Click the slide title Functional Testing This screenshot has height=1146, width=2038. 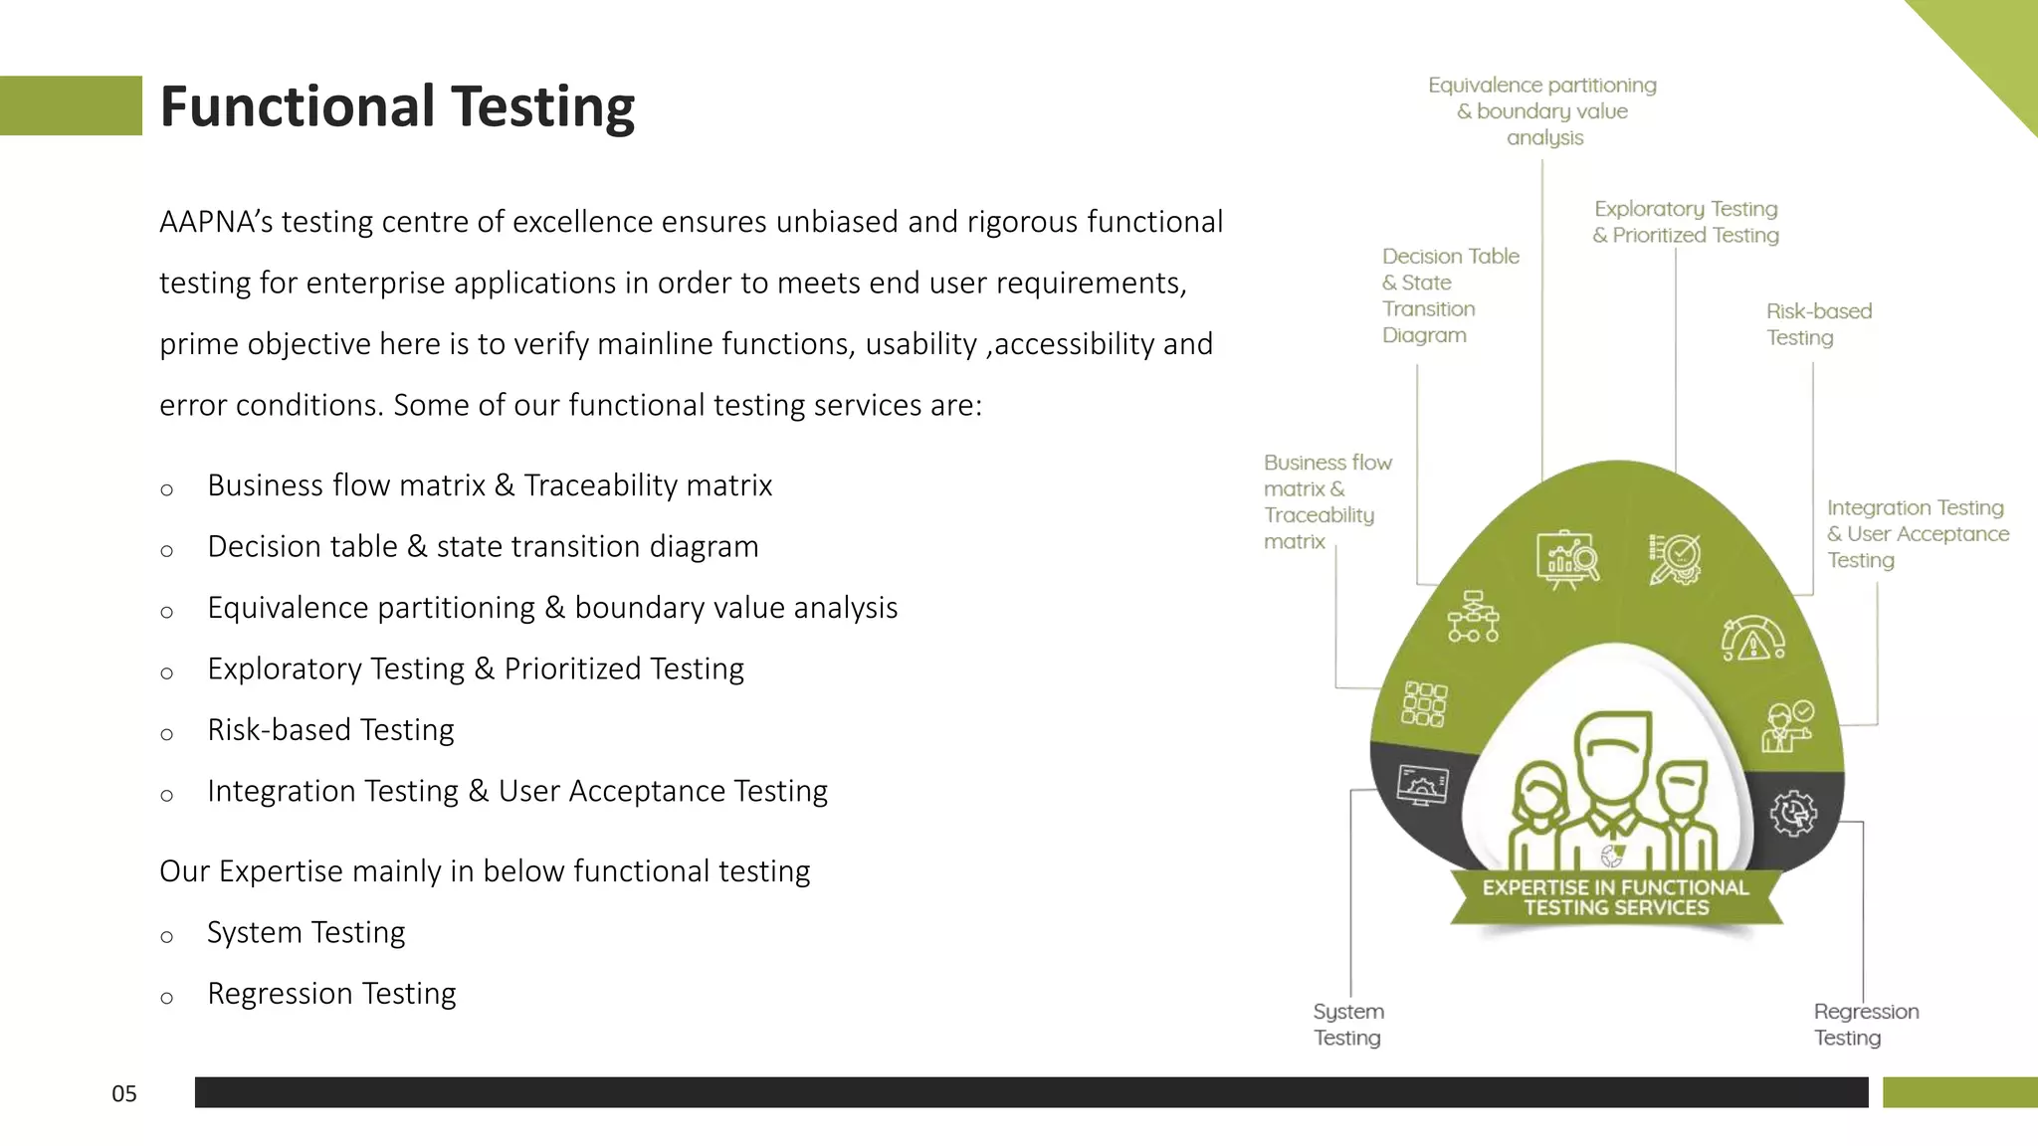[396, 106]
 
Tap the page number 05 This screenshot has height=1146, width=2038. [124, 1094]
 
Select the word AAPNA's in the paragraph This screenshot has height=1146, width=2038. [215, 222]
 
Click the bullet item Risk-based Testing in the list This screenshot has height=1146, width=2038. [330, 730]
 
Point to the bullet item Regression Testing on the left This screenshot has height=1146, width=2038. [331, 994]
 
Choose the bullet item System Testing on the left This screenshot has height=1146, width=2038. [306, 933]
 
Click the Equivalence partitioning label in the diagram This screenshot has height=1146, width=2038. [1542, 111]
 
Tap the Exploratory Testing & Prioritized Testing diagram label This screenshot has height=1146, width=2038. [1686, 222]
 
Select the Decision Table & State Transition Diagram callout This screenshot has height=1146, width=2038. [1450, 295]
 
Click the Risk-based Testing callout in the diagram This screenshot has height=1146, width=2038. [1818, 324]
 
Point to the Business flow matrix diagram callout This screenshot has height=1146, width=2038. [1326, 501]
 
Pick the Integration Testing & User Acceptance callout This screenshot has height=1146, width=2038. [1917, 534]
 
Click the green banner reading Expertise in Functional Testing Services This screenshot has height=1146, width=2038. [1615, 897]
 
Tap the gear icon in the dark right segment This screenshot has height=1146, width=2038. [1793, 813]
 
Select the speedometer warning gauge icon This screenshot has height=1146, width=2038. [1752, 639]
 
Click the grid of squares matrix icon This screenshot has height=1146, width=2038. [1424, 704]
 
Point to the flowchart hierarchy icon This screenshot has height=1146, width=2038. [1473, 617]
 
